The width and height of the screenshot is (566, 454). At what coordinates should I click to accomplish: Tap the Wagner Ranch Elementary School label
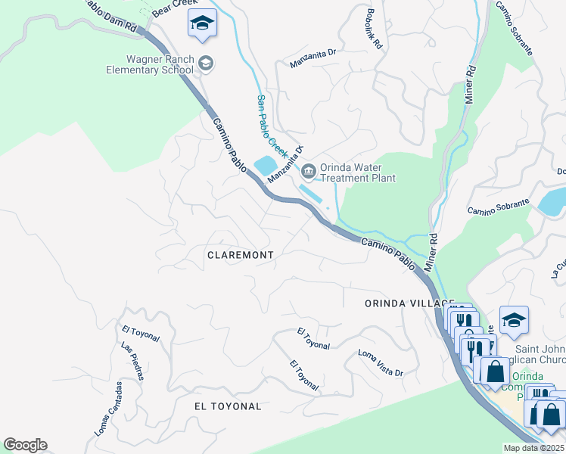[160, 65]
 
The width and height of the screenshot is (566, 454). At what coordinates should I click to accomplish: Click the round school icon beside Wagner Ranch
[207, 64]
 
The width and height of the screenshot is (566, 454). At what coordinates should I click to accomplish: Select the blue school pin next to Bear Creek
[202, 24]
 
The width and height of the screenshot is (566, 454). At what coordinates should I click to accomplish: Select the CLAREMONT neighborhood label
[240, 256]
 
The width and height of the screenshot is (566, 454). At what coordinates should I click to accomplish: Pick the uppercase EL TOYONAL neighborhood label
[228, 406]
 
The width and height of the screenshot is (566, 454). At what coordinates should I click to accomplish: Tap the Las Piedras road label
[132, 361]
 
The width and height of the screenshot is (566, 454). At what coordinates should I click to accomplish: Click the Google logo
[25, 445]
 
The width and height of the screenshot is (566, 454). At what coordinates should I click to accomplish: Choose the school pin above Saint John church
[514, 321]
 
